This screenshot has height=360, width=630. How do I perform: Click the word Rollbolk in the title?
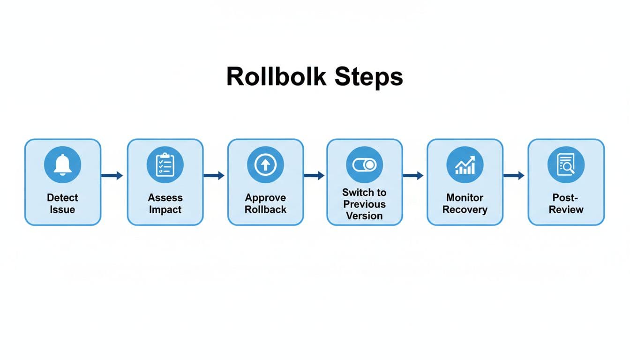click(x=276, y=77)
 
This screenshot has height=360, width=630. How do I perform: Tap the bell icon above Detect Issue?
click(x=62, y=164)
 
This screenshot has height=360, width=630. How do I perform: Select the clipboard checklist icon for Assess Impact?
click(x=165, y=164)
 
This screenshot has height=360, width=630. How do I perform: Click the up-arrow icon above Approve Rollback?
click(x=265, y=164)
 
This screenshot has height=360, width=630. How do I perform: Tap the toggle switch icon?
click(x=364, y=164)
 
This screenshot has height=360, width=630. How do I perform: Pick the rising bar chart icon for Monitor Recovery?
click(x=465, y=164)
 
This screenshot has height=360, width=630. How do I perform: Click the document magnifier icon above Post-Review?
click(x=566, y=164)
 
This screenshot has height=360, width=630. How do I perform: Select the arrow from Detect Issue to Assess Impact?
click(x=112, y=176)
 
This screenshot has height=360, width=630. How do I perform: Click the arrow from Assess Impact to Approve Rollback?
click(x=214, y=176)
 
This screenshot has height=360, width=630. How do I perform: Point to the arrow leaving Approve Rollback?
click(x=314, y=176)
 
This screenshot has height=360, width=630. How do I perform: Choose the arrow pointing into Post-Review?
click(x=514, y=176)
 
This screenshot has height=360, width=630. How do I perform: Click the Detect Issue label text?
click(x=62, y=203)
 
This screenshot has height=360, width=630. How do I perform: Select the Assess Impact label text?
click(x=165, y=203)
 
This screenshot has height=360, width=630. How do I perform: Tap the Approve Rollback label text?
click(x=265, y=203)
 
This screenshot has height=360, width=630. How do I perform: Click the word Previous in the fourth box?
click(x=364, y=204)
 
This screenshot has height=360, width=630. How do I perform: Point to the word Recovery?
click(x=465, y=210)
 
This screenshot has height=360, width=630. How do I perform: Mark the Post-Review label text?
click(x=566, y=203)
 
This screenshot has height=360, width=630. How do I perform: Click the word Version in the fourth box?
click(x=364, y=216)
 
